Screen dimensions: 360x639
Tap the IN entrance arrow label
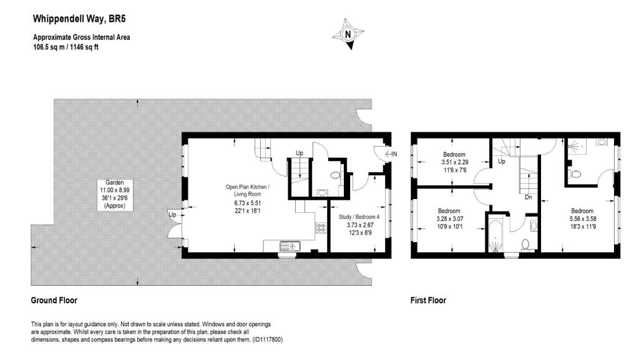[394, 154]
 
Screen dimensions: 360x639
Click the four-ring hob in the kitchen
[323, 228]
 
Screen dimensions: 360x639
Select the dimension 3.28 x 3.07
[449, 219]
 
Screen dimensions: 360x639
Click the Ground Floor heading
[54, 300]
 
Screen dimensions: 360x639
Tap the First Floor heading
[428, 300]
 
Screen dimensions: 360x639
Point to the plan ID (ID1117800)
[266, 339]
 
